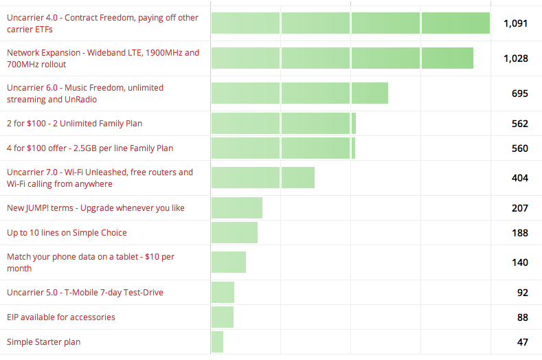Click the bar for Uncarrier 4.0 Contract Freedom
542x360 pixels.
(x=350, y=23)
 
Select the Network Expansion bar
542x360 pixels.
(x=342, y=58)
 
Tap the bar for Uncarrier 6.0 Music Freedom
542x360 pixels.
(x=300, y=93)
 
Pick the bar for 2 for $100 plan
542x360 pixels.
(x=283, y=124)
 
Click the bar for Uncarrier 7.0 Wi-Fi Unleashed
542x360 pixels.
(x=262, y=178)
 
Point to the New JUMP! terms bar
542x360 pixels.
(x=237, y=208)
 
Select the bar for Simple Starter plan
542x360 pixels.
(x=217, y=341)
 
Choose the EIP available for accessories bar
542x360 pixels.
(x=223, y=317)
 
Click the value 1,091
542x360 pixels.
(x=515, y=23)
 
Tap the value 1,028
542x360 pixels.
(x=515, y=58)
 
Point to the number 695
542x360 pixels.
(x=519, y=93)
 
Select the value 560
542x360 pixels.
(x=519, y=148)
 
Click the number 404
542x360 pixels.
(x=519, y=178)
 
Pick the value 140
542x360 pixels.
(x=519, y=262)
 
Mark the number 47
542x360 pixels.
(x=522, y=341)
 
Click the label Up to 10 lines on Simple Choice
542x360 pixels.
(x=67, y=233)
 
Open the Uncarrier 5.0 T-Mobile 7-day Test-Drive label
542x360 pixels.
(x=85, y=293)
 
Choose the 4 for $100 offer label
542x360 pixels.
(x=90, y=148)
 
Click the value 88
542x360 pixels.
(x=522, y=317)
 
